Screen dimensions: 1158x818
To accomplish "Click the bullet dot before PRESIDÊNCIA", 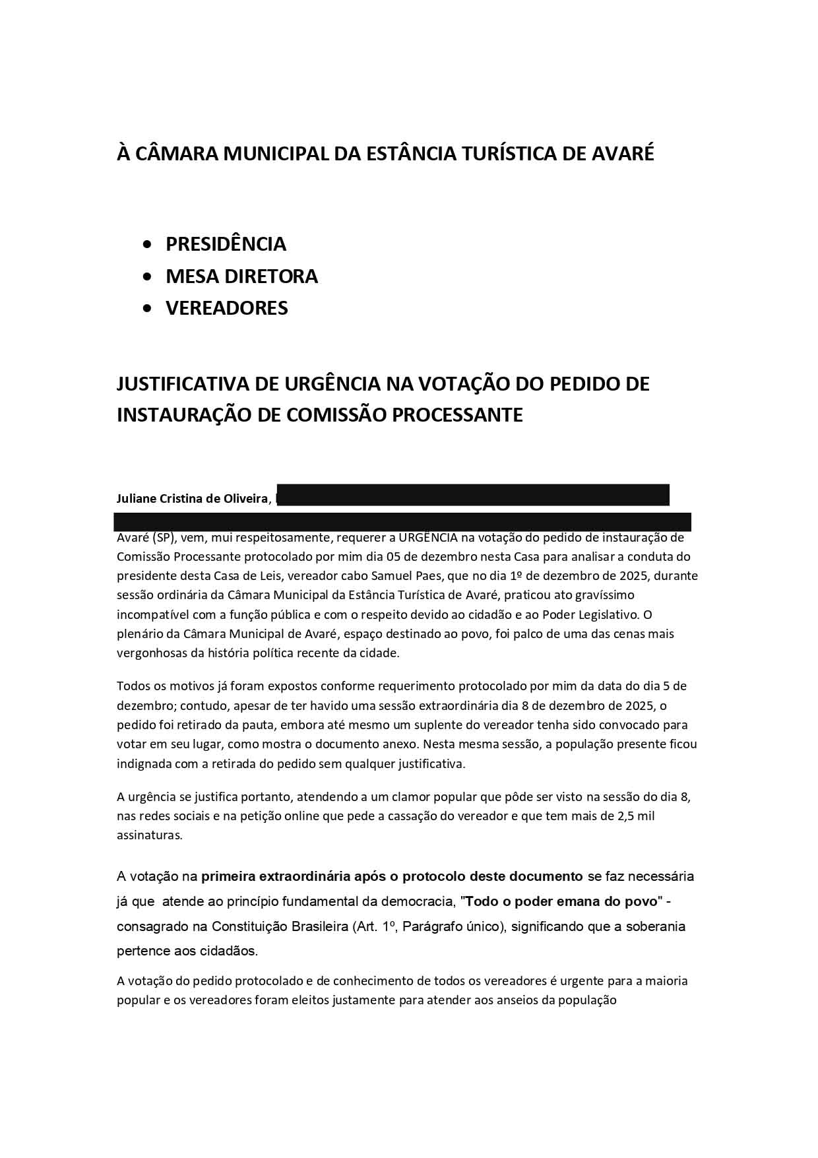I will (147, 244).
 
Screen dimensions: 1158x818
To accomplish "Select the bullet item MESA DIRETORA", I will (241, 276).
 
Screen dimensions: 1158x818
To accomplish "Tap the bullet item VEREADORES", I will (226, 308).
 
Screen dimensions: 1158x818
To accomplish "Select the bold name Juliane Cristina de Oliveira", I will (192, 499).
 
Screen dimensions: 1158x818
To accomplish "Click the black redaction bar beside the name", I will (472, 495).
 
